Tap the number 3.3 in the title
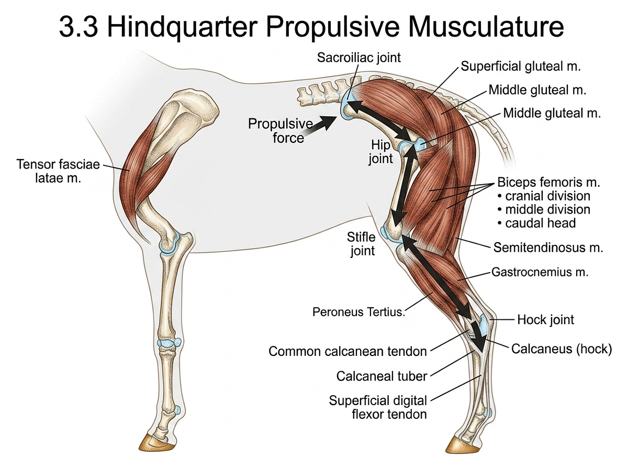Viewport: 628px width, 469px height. [78, 27]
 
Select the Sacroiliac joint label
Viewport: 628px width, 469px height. [358, 58]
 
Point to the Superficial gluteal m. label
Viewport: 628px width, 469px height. [521, 66]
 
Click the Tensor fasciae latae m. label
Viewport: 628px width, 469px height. [58, 171]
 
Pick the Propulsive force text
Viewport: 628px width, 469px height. [280, 130]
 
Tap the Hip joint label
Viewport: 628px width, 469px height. [380, 152]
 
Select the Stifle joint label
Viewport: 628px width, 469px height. [361, 244]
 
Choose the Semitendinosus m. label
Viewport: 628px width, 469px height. [548, 248]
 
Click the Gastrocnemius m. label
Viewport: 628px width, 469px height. [540, 272]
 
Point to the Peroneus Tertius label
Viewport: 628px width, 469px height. [359, 312]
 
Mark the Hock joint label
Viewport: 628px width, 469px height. [546, 320]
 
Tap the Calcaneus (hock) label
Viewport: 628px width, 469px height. [562, 349]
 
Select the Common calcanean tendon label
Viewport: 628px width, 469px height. [347, 351]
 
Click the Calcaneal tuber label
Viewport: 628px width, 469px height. [382, 376]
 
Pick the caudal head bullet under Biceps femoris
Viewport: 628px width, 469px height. [537, 223]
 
